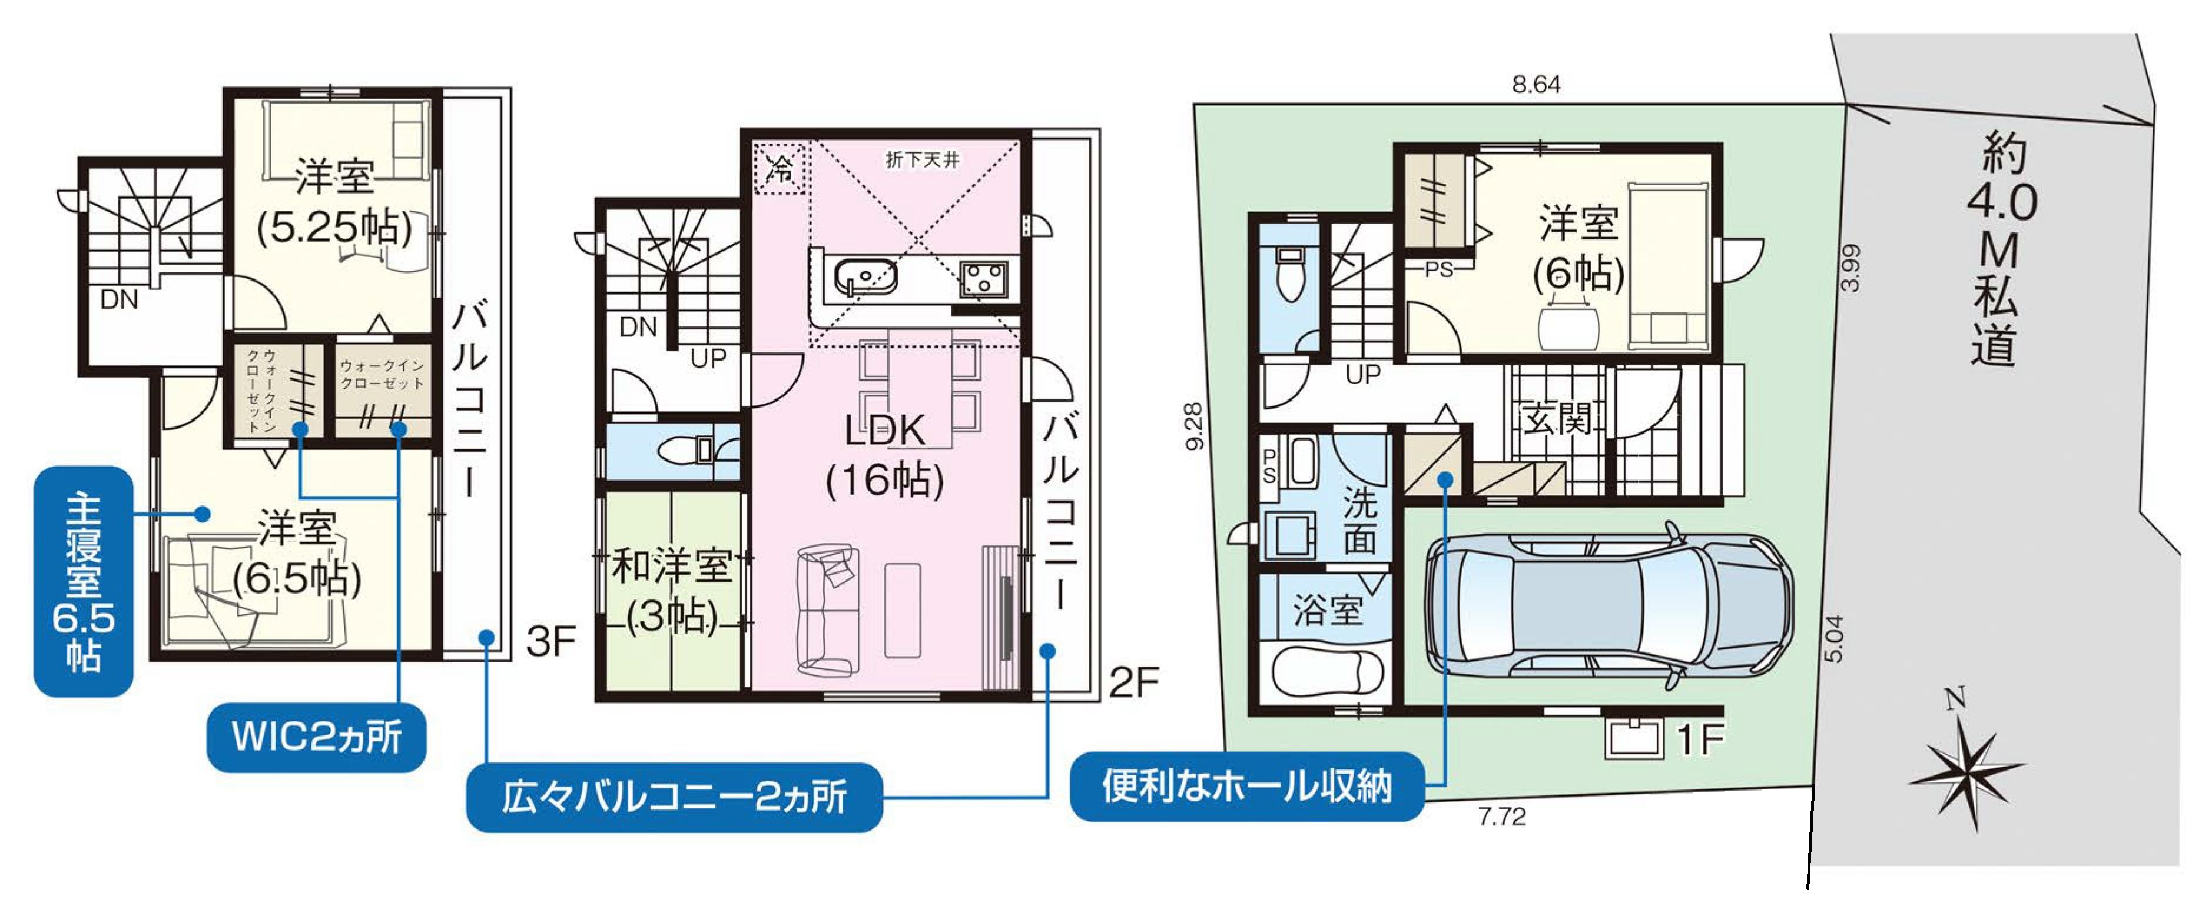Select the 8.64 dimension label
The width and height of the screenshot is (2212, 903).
click(x=1536, y=84)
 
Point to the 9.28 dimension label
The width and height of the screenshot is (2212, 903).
click(x=1193, y=426)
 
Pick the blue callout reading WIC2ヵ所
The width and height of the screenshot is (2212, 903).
click(x=317, y=737)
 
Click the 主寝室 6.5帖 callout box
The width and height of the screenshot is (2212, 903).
click(x=83, y=581)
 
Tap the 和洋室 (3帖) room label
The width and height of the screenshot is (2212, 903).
click(x=672, y=591)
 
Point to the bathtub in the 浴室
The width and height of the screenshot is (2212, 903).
click(x=1326, y=672)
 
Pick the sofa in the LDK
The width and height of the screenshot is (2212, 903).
click(x=827, y=608)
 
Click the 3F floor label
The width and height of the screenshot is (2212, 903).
click(x=550, y=641)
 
